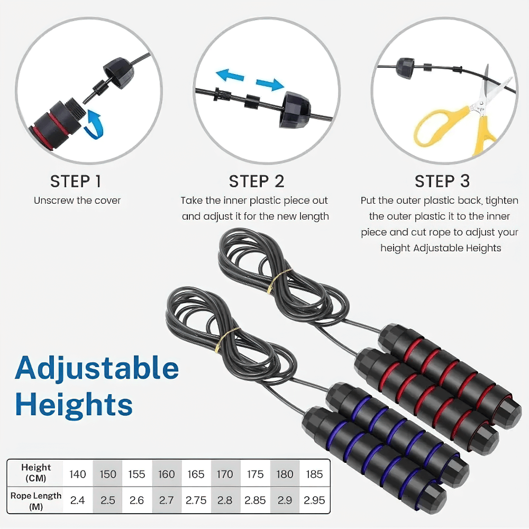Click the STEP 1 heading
[76, 181]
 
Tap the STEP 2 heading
[257, 181]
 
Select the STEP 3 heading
[442, 181]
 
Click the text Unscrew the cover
[77, 200]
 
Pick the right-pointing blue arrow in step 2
[270, 84]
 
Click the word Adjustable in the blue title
[97, 368]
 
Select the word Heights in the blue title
[74, 405]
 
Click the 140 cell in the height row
[78, 474]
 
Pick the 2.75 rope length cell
[196, 500]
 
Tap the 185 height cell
[314, 474]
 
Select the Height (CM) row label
[36, 473]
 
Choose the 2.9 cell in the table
[285, 500]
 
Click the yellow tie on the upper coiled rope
[277, 281]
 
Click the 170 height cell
[225, 474]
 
